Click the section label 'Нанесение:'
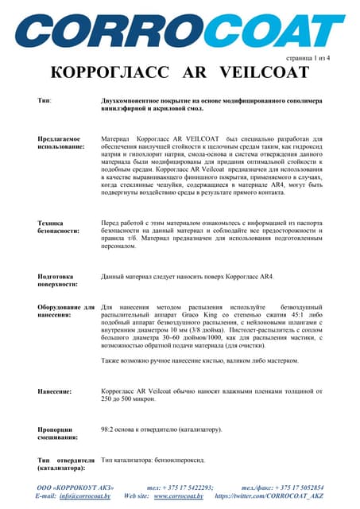pos(55,391)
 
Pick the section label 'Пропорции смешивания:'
pos(58,433)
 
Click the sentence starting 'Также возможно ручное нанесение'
pos(199,360)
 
